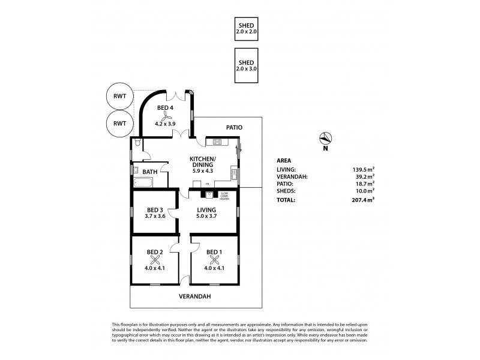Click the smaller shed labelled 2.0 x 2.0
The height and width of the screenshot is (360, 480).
tap(246, 28)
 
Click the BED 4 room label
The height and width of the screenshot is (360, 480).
tap(166, 108)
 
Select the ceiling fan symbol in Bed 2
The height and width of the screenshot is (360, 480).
tap(155, 260)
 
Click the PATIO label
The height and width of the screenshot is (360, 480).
tap(233, 127)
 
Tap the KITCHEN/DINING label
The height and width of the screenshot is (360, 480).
tap(203, 163)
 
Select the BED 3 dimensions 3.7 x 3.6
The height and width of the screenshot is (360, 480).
tap(155, 217)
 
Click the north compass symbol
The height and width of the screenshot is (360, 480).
tap(325, 137)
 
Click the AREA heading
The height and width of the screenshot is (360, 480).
tap(284, 160)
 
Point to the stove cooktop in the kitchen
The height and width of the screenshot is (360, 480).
tap(216, 142)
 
